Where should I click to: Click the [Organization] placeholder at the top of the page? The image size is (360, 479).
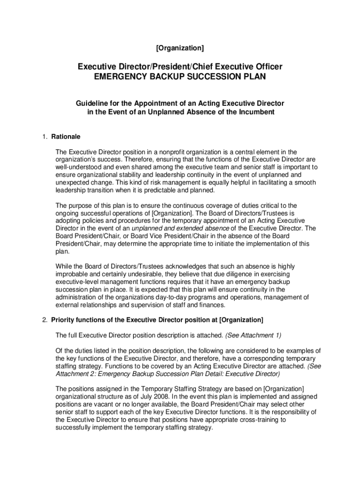(x=180, y=48)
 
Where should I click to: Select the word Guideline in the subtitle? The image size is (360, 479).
(x=94, y=103)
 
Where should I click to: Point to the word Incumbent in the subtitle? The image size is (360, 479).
(x=257, y=112)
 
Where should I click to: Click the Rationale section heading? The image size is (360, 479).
(x=66, y=137)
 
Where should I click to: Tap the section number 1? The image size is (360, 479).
(x=44, y=137)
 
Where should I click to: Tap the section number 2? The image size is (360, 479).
(x=44, y=320)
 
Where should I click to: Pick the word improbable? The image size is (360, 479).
(x=72, y=274)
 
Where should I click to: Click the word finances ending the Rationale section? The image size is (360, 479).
(x=211, y=305)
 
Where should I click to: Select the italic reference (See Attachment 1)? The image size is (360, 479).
(x=253, y=335)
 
